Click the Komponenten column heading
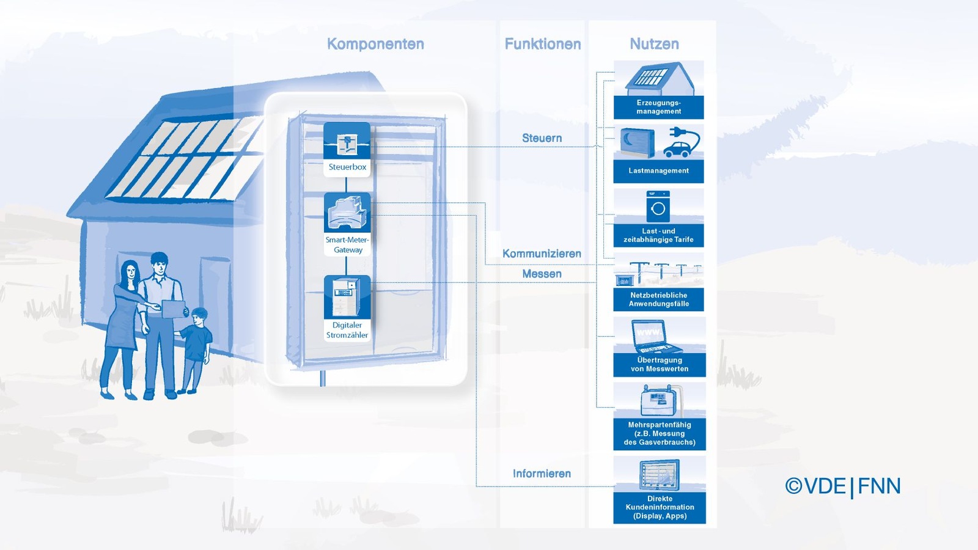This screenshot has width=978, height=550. tap(375, 44)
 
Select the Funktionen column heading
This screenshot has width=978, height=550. tap(542, 44)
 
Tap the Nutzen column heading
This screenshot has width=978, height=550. tap(654, 44)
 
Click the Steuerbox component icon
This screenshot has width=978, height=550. tap(347, 142)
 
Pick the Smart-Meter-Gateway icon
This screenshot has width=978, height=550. tap(347, 212)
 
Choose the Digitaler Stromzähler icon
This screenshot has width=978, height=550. tap(347, 297)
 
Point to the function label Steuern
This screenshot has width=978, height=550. tap(542, 138)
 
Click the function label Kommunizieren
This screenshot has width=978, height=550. tap(542, 254)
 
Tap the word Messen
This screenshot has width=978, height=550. tap(542, 274)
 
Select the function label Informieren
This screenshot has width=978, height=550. tap(542, 474)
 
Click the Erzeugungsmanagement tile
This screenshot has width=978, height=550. tap(658, 90)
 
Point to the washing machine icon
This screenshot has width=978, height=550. tap(658, 207)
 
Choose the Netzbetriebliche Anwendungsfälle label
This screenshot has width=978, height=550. tap(658, 299)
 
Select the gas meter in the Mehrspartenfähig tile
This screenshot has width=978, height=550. tap(658, 401)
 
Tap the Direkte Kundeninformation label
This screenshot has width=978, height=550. tap(660, 507)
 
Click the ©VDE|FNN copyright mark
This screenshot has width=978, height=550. tap(843, 486)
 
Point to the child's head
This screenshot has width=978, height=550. tap(199, 316)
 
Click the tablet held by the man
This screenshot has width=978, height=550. tap(174, 308)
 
